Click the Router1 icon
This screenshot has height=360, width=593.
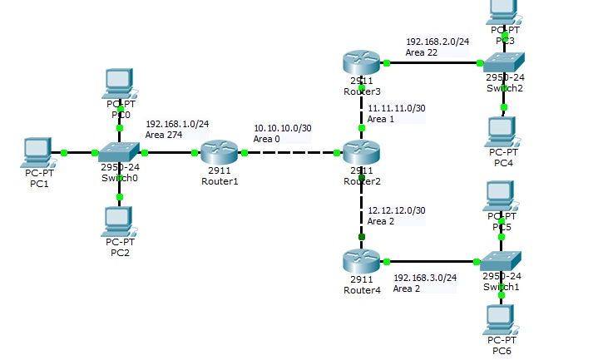pyautogui.click(x=220, y=152)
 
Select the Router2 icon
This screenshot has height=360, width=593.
pyautogui.click(x=361, y=152)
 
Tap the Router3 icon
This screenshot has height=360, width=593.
pyautogui.click(x=361, y=62)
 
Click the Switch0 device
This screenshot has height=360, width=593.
pyautogui.click(x=119, y=152)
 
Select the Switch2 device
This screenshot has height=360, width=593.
pyautogui.click(x=504, y=62)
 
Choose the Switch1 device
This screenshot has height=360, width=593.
pyautogui.click(x=502, y=260)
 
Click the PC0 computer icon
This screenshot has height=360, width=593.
pyautogui.click(x=121, y=84)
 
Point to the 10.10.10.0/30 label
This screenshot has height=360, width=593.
pyautogui.click(x=283, y=128)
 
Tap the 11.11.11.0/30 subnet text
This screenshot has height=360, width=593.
pyautogui.click(x=396, y=108)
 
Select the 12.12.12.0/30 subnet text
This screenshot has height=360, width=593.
pyautogui.click(x=396, y=211)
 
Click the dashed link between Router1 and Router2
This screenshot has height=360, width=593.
pyautogui.click(x=291, y=153)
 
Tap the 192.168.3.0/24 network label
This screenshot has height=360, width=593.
pyautogui.click(x=424, y=277)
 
